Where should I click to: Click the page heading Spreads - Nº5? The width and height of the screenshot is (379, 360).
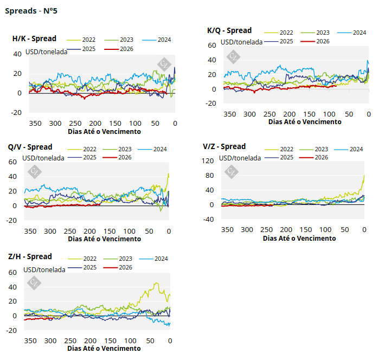tap(31, 11)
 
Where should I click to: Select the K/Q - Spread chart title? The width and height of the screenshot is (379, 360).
tap(229, 31)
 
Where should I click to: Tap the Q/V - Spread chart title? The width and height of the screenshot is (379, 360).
tap(30, 147)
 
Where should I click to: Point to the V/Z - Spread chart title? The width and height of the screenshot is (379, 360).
tap(224, 146)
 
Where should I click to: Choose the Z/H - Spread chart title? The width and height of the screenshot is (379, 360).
tap(30, 256)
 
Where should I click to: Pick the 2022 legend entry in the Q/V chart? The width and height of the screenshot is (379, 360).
tap(90, 149)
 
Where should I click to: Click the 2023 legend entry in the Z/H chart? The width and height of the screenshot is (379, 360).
tap(125, 259)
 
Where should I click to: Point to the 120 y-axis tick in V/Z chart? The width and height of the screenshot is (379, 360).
tap(207, 161)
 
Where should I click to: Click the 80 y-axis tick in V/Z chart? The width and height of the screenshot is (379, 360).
tap(209, 176)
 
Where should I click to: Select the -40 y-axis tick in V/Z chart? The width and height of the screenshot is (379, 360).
tap(208, 220)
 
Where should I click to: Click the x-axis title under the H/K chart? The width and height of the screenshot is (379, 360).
tap(104, 131)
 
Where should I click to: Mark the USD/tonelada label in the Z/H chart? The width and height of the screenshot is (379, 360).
tap(44, 269)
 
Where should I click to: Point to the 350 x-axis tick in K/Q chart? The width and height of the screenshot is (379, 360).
tap(230, 114)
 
